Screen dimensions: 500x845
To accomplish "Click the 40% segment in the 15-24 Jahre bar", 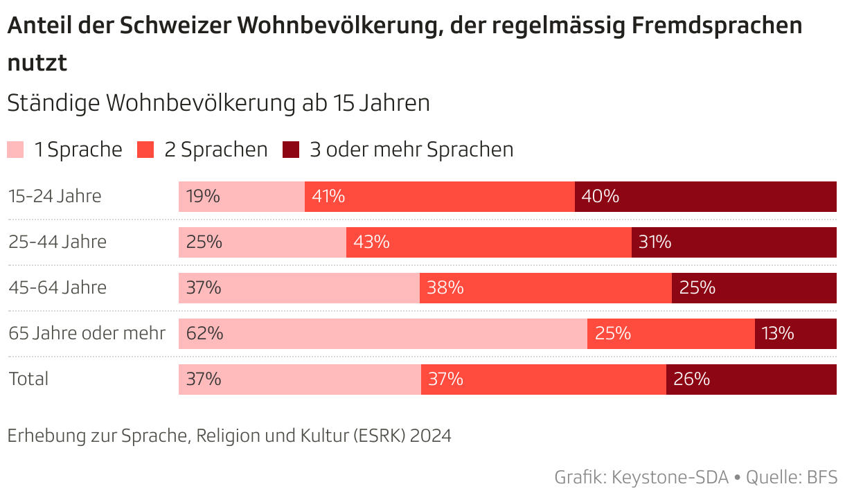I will pos(705,197).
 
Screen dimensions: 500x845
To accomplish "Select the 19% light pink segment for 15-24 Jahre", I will pos(241,197).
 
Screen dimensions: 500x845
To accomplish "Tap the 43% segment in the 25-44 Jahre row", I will pos(488,242).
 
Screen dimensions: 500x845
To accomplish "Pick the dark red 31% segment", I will pos(733,242).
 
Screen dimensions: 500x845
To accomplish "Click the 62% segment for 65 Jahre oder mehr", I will pos(382,334).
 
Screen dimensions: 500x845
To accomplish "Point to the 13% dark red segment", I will pos(795,334).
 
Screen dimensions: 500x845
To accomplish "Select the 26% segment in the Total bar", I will pos(751,380).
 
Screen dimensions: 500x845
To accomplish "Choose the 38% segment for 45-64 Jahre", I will pos(545,288).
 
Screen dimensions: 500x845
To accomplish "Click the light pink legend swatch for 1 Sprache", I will pos(15,150).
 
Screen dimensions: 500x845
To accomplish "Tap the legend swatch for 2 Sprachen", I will pos(145,150).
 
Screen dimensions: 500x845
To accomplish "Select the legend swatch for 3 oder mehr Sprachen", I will pos(291,150).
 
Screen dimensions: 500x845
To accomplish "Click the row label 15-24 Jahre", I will pos(55,197).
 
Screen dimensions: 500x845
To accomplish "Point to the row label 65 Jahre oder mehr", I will pos(87,334).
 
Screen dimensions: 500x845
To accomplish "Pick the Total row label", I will pos(28,380).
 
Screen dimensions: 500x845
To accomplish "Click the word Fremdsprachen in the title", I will pos(717,26).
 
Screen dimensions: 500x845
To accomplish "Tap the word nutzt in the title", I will pos(37,63).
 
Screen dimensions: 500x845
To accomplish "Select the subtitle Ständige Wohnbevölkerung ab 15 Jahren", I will pos(218,103).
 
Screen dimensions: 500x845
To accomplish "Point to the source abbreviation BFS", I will pos(822,478).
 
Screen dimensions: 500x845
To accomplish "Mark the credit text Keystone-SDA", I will pos(670,478).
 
